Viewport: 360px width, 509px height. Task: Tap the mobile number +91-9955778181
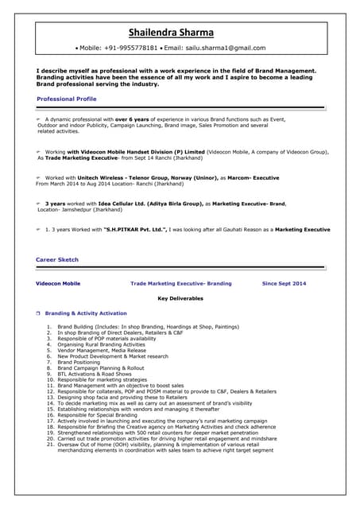coord(130,48)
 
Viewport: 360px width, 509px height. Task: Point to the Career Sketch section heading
coord(57,260)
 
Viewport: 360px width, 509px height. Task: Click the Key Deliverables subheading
coord(180,298)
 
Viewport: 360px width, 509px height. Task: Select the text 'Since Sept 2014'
coord(284,283)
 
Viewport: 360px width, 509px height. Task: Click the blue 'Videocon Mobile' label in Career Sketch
coord(58,283)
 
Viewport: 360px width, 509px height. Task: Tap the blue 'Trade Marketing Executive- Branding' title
coord(181,283)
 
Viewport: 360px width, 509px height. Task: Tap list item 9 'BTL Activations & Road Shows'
coord(95,374)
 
